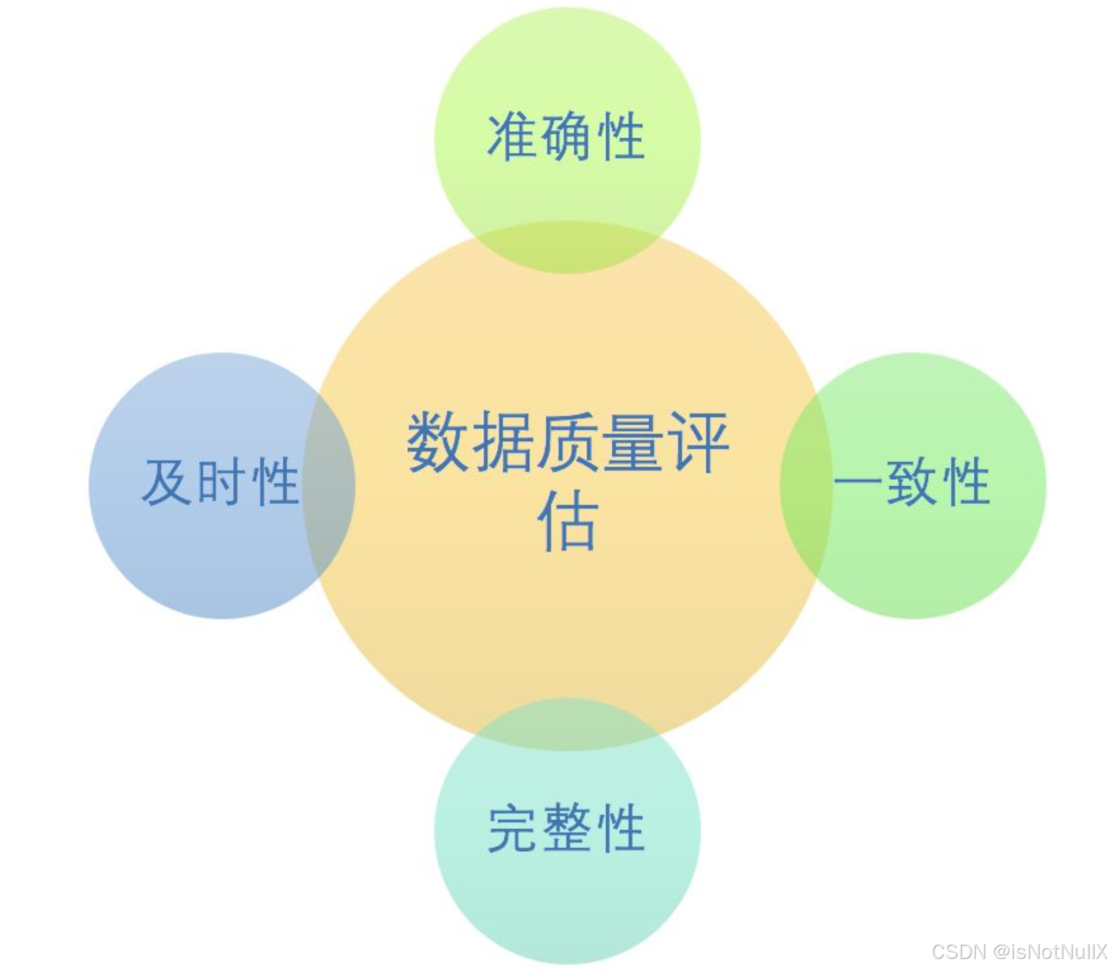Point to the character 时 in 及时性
click(x=221, y=482)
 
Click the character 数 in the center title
click(x=438, y=443)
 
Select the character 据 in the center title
click(x=502, y=443)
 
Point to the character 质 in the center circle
click(x=567, y=443)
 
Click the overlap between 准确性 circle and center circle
click(x=567, y=247)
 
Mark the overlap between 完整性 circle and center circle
click(x=567, y=724)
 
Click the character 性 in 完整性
click(x=621, y=828)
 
